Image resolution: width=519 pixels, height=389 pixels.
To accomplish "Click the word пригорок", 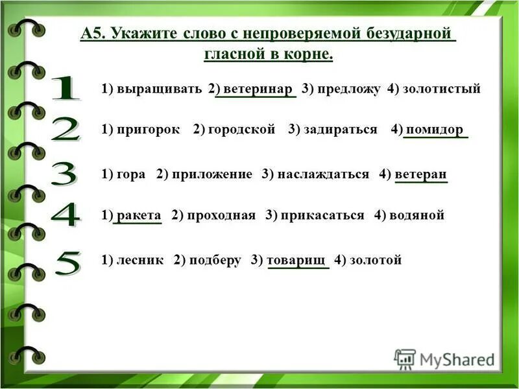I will click(x=149, y=130).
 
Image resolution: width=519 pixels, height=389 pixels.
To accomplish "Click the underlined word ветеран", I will click(x=421, y=174).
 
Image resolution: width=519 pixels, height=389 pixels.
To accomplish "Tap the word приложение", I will click(x=212, y=174).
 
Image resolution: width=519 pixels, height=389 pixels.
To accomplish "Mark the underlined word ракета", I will click(x=139, y=215).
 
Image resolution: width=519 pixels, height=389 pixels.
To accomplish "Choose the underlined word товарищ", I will click(x=298, y=260).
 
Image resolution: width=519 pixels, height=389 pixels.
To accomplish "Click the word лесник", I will click(x=141, y=260).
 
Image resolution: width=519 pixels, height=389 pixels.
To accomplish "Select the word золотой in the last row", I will click(x=376, y=260).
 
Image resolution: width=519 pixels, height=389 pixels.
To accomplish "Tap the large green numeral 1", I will click(x=65, y=89).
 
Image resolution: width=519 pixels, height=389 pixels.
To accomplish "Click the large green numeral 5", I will click(x=66, y=263).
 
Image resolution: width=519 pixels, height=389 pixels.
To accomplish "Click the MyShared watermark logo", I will click(x=444, y=359).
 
